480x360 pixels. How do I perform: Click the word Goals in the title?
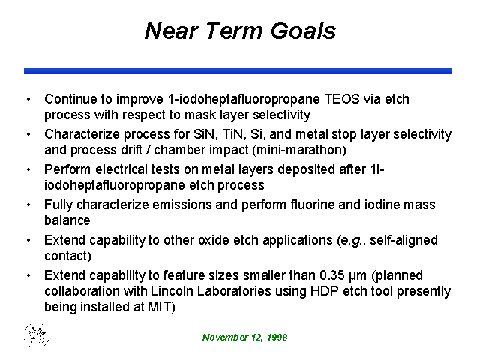click(303, 31)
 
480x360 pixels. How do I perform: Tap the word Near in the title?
click(171, 31)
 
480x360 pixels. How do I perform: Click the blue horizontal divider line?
click(238, 70)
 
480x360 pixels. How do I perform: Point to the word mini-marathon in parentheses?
click(299, 150)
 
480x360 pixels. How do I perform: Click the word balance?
click(67, 220)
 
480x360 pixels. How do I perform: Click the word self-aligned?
click(403, 240)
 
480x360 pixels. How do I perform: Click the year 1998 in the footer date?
click(277, 337)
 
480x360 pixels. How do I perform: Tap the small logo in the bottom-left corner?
click(37, 334)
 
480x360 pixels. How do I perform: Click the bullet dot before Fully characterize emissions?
click(28, 205)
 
